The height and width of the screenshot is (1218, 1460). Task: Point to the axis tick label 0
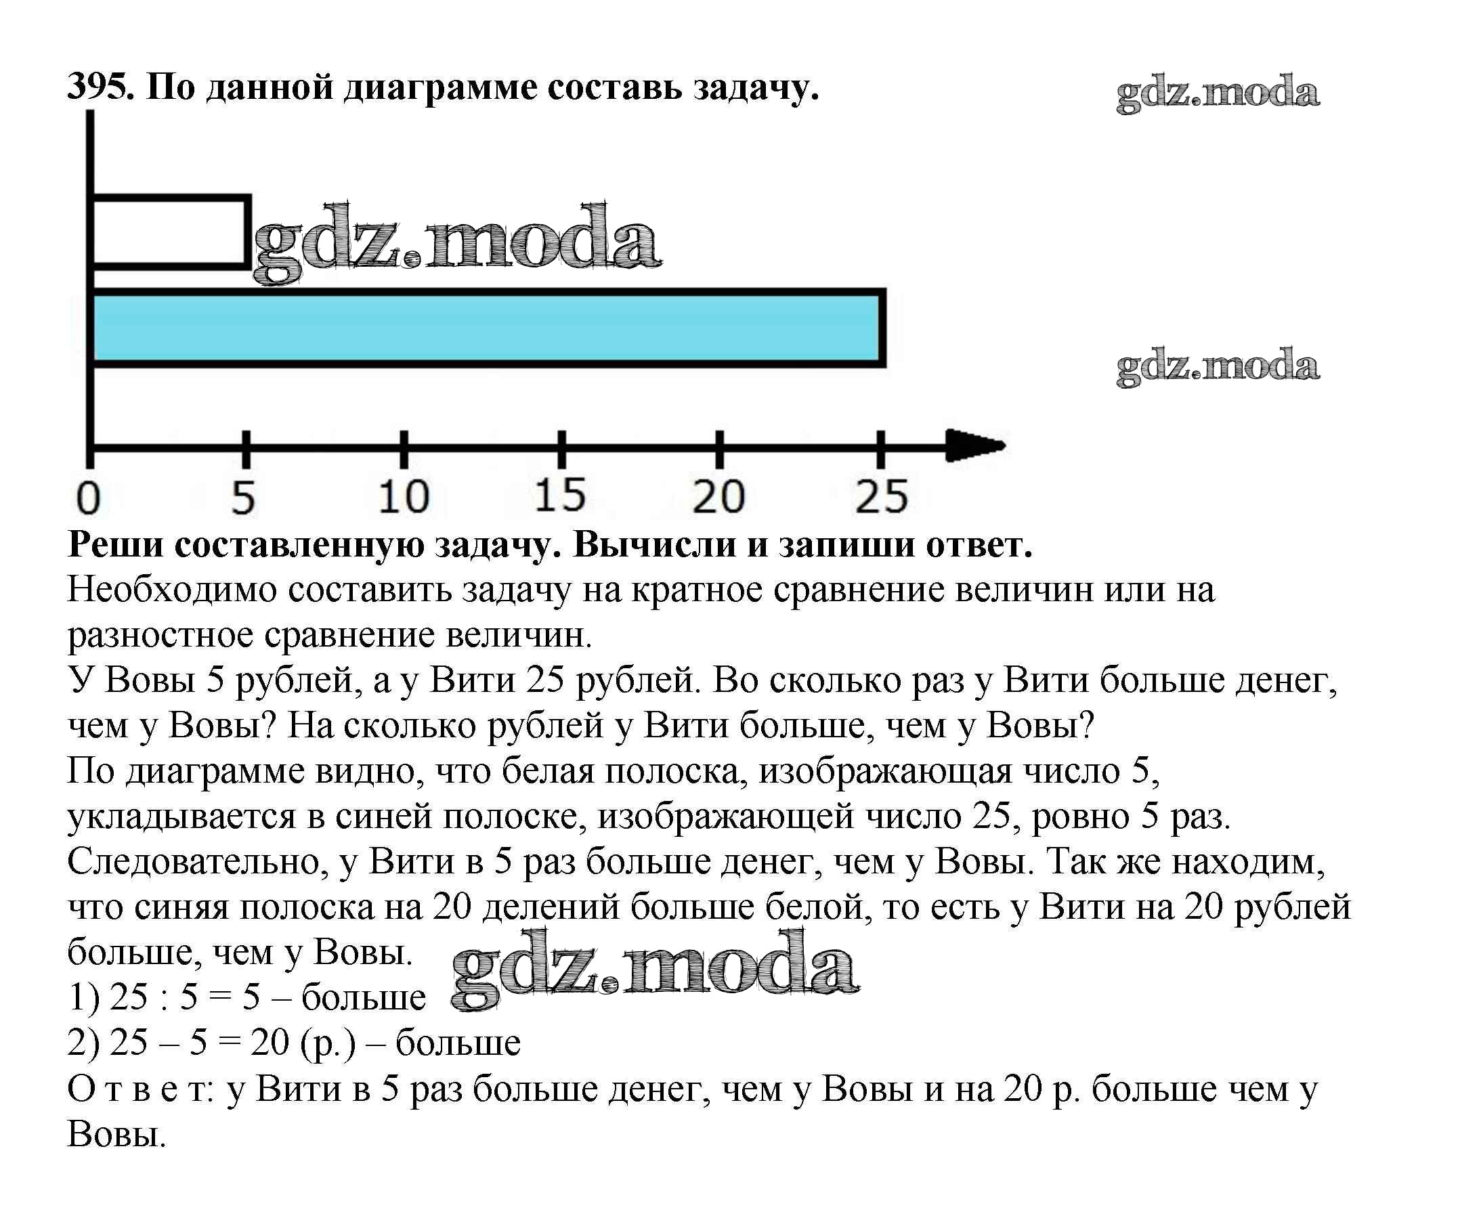pos(88,498)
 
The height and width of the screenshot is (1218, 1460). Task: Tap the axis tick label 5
pos(243,498)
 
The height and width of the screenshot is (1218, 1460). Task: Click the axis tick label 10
pos(403,498)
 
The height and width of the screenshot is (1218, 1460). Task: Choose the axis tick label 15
pos(560,496)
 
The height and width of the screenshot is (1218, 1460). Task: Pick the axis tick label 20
pos(719,498)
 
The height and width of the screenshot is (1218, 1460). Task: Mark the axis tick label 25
pos(882,498)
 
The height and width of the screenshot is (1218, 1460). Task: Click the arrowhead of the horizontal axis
pos(976,445)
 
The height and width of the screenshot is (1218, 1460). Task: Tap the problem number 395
pos(100,87)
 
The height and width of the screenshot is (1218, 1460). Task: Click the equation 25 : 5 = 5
pos(185,997)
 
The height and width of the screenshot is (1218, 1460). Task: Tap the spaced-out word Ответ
pos(139,1089)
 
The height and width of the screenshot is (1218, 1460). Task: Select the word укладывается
pos(181,817)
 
